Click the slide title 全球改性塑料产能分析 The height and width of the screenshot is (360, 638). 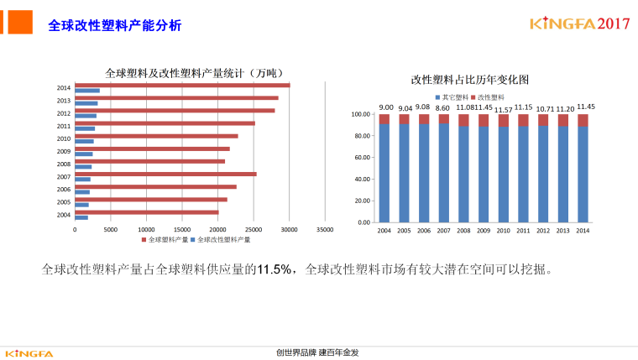[x=114, y=25]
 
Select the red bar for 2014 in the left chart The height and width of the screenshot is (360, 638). [x=182, y=85]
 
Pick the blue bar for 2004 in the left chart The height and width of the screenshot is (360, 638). [x=81, y=217]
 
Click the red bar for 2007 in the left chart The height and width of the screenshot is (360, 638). [x=165, y=174]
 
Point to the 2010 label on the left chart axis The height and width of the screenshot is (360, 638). [x=64, y=138]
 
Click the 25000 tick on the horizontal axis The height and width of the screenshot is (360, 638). [x=254, y=229]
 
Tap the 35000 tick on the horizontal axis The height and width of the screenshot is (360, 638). [x=325, y=229]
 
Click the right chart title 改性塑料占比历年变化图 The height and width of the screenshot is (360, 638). [x=470, y=80]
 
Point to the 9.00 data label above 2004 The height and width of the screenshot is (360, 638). [x=385, y=107]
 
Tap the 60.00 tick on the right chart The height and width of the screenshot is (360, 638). [x=362, y=158]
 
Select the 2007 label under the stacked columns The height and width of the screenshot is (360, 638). [x=443, y=231]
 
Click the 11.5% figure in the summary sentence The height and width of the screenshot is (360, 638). [x=275, y=269]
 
